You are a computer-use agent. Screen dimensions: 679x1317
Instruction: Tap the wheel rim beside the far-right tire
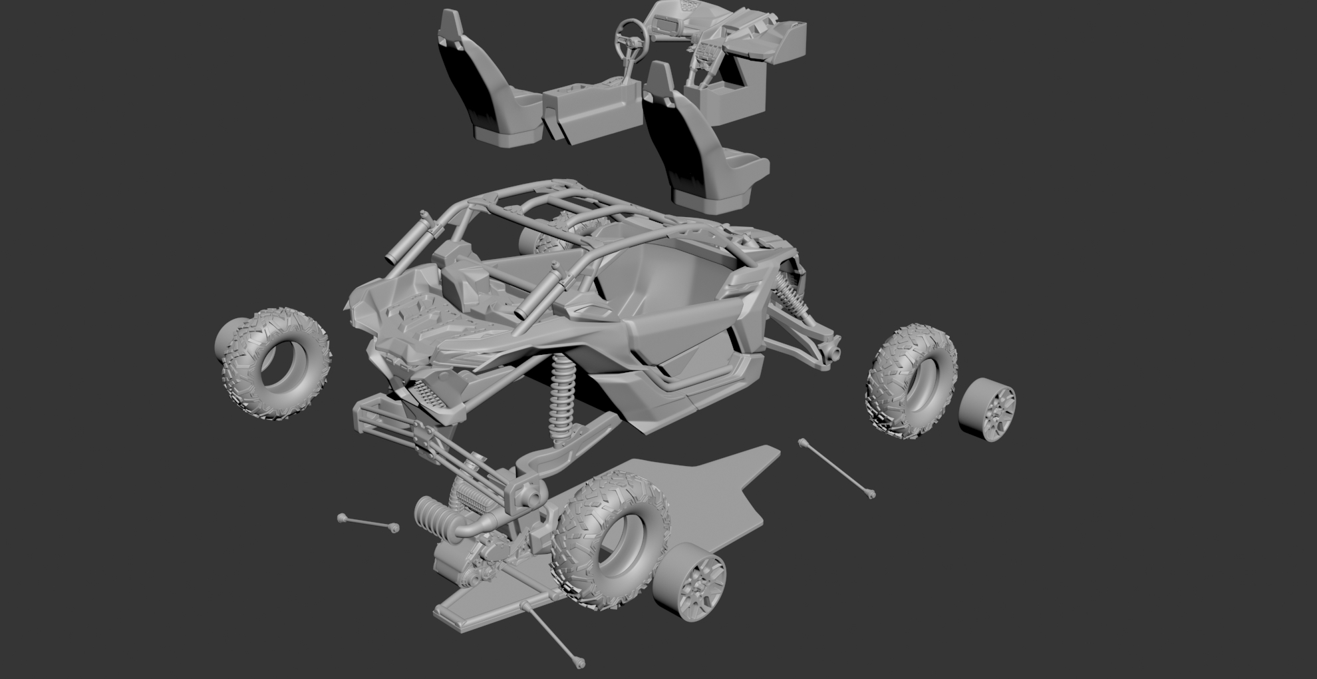987,409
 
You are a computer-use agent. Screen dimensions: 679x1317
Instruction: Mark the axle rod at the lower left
368,523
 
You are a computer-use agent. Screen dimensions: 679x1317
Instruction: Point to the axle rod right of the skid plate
837,467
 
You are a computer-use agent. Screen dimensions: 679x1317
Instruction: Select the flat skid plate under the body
718,493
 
